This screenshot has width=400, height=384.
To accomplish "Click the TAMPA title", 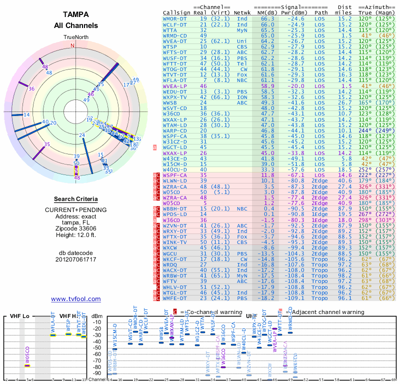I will pyautogui.click(x=76, y=14).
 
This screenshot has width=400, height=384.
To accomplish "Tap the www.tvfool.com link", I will pyautogui.click(x=76, y=299).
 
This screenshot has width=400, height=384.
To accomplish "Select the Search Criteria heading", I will pyautogui.click(x=76, y=199).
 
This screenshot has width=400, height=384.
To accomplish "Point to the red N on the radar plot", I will pyautogui.click(x=72, y=45).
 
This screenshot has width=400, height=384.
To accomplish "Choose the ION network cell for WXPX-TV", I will pyautogui.click(x=242, y=96).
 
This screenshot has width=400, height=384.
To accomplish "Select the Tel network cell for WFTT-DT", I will pyautogui.click(x=242, y=64).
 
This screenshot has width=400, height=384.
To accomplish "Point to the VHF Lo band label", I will pyautogui.click(x=19, y=316).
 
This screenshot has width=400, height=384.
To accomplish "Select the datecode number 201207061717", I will pyautogui.click(x=76, y=259).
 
